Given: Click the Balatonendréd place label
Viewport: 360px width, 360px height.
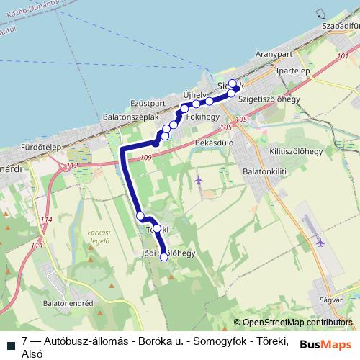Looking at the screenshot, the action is [69, 305].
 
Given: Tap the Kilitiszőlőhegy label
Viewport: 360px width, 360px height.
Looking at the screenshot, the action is [295, 152].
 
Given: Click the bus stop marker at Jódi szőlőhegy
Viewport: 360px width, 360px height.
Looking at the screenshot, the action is [163, 256].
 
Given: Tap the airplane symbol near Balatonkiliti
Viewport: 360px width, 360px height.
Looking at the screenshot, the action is [199, 179].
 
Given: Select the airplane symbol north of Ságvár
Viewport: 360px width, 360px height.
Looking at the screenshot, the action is [320, 241].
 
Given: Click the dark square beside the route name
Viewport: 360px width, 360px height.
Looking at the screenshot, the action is [9, 341].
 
